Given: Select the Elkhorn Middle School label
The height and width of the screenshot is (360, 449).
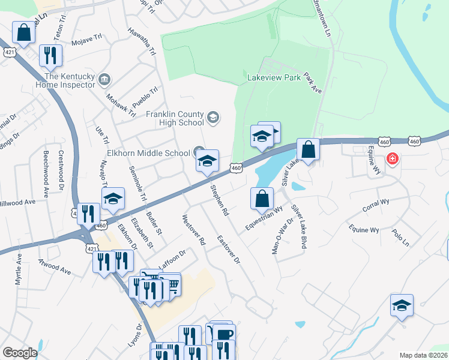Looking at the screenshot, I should click(148, 153).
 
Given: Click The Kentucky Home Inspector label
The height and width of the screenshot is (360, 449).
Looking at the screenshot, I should click(70, 80).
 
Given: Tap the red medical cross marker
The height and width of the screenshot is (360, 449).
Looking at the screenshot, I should click(393, 159).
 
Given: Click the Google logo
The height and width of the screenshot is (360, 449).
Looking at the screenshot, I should click(20, 353).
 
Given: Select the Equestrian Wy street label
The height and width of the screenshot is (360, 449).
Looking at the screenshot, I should click(264, 219).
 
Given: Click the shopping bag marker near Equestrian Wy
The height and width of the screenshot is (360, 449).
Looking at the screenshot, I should click(262, 199).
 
